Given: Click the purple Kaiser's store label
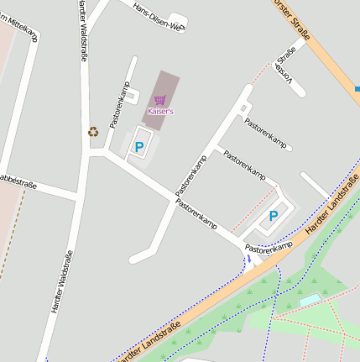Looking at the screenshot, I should (160, 111).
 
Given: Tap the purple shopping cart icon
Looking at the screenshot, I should (160, 100).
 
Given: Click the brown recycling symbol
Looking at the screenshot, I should (93, 131).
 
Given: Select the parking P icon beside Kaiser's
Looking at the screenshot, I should (139, 148).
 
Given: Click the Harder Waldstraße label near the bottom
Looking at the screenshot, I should (62, 281).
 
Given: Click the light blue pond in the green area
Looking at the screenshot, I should (310, 299).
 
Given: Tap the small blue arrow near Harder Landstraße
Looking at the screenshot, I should (248, 260).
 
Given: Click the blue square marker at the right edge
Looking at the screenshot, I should (357, 89).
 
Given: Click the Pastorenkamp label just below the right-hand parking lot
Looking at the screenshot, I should (269, 246).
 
